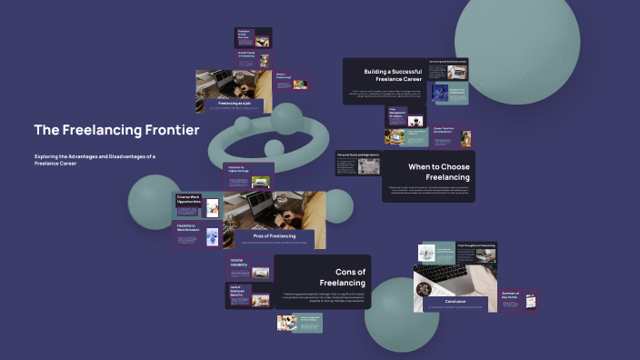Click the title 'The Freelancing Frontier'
click(116, 130)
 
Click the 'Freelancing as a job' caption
click(240, 104)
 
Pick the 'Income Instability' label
click(238, 262)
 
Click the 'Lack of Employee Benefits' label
click(238, 290)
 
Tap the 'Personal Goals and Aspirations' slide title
click(357, 155)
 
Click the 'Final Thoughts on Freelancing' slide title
click(475, 245)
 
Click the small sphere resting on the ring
click(274, 147)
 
